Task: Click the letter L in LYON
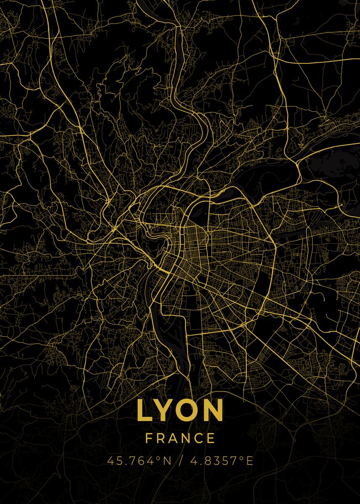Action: pos(145,410)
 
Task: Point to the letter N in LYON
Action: pos(213,410)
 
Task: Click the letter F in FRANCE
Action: pos(149,438)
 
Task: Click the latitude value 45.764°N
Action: pos(139,461)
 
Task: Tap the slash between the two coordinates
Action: pos(181,461)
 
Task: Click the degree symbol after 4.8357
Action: pos(242,458)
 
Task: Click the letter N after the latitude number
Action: pos(167,461)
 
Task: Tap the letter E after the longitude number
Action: pos(250,461)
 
